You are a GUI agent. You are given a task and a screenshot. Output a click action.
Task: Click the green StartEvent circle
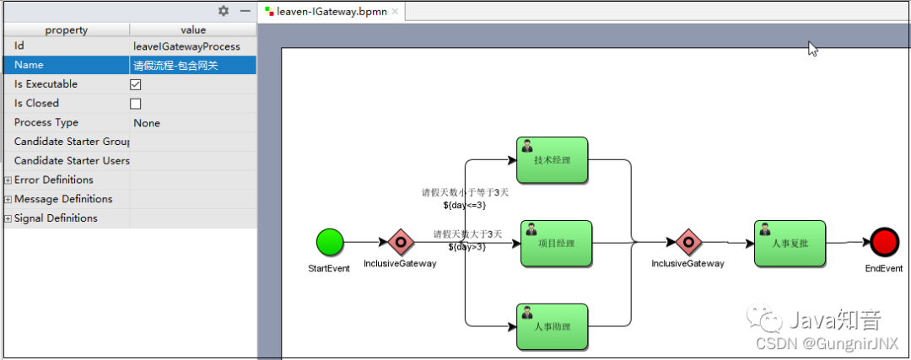click(x=330, y=243)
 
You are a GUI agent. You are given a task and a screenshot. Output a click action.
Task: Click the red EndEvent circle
click(x=884, y=243)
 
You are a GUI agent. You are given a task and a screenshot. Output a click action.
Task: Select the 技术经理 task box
click(x=553, y=160)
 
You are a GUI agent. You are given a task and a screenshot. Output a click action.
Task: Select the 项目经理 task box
click(x=556, y=244)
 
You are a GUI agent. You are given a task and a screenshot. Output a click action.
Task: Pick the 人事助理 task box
click(x=553, y=326)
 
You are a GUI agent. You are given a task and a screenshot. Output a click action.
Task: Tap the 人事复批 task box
click(x=790, y=244)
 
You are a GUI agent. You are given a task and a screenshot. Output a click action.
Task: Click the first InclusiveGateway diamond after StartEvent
click(x=400, y=243)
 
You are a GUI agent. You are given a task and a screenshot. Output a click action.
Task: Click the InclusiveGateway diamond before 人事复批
click(x=687, y=243)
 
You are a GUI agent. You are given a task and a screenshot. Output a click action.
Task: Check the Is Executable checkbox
click(x=136, y=84)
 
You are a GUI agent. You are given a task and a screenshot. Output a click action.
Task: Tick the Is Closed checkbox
click(x=136, y=104)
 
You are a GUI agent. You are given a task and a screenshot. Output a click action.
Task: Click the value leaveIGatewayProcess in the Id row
click(x=186, y=46)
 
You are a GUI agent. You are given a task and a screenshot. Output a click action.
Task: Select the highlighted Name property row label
click(x=29, y=65)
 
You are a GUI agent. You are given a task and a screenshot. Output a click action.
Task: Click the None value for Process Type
click(x=147, y=123)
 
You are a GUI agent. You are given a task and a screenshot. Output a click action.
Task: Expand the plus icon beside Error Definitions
click(x=8, y=180)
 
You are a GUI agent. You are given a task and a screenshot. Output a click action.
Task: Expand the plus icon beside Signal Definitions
click(x=8, y=219)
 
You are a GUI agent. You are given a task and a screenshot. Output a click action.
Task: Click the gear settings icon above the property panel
click(x=224, y=11)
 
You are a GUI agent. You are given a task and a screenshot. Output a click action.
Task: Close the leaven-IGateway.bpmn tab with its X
click(x=395, y=12)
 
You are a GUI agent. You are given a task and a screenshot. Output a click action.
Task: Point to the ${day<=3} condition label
click(x=464, y=205)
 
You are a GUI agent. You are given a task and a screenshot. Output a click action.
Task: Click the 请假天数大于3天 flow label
click(x=467, y=234)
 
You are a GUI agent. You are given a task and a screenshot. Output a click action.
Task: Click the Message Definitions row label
click(x=62, y=199)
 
